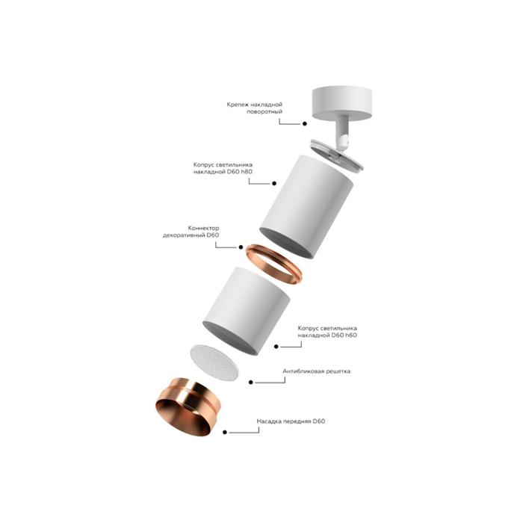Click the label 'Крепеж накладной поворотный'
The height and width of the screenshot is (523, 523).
255,109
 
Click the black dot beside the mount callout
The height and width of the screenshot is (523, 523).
305,123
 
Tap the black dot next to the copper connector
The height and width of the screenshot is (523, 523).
241,247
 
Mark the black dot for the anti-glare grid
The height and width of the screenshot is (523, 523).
251,381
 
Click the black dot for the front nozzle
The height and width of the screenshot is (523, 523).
227,431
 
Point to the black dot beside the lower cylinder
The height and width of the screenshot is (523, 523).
276,346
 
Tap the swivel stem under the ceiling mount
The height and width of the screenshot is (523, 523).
342,134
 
